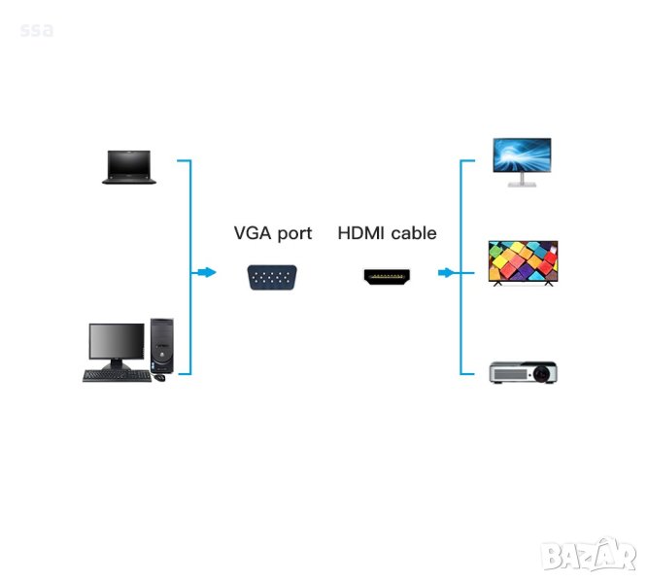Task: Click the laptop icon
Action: coord(127,166)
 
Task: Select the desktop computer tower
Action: coord(162,345)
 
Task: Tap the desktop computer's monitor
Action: coord(117,343)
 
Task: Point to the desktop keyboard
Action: coord(117,376)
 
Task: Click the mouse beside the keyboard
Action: coord(159,377)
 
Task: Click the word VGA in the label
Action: coord(252,233)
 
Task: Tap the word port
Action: coord(293,234)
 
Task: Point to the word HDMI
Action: coord(363,233)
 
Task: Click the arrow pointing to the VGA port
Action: coord(204,273)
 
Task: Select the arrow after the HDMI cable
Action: coord(447,273)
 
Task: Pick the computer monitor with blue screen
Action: coord(522,155)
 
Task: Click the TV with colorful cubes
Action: coord(522,261)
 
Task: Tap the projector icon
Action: coord(524,371)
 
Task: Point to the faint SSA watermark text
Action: coord(37,29)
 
